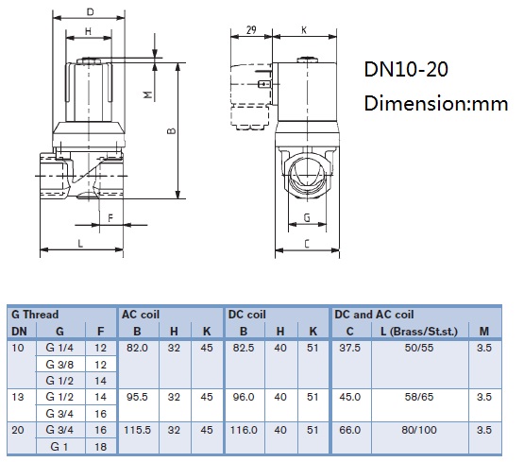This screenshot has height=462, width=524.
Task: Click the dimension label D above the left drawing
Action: (x=91, y=12)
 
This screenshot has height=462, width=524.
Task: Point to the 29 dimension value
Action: (x=251, y=29)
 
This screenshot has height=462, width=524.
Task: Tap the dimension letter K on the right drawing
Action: (x=304, y=30)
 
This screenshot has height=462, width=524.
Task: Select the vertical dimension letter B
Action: (x=171, y=130)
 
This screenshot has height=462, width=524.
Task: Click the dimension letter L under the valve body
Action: (x=80, y=244)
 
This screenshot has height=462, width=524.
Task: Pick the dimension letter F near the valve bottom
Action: (x=110, y=218)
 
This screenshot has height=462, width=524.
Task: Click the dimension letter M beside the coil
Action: (x=148, y=94)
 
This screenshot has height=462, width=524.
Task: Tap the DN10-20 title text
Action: (x=406, y=69)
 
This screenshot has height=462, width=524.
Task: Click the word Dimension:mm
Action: (x=436, y=103)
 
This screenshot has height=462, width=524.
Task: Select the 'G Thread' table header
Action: (x=35, y=315)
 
